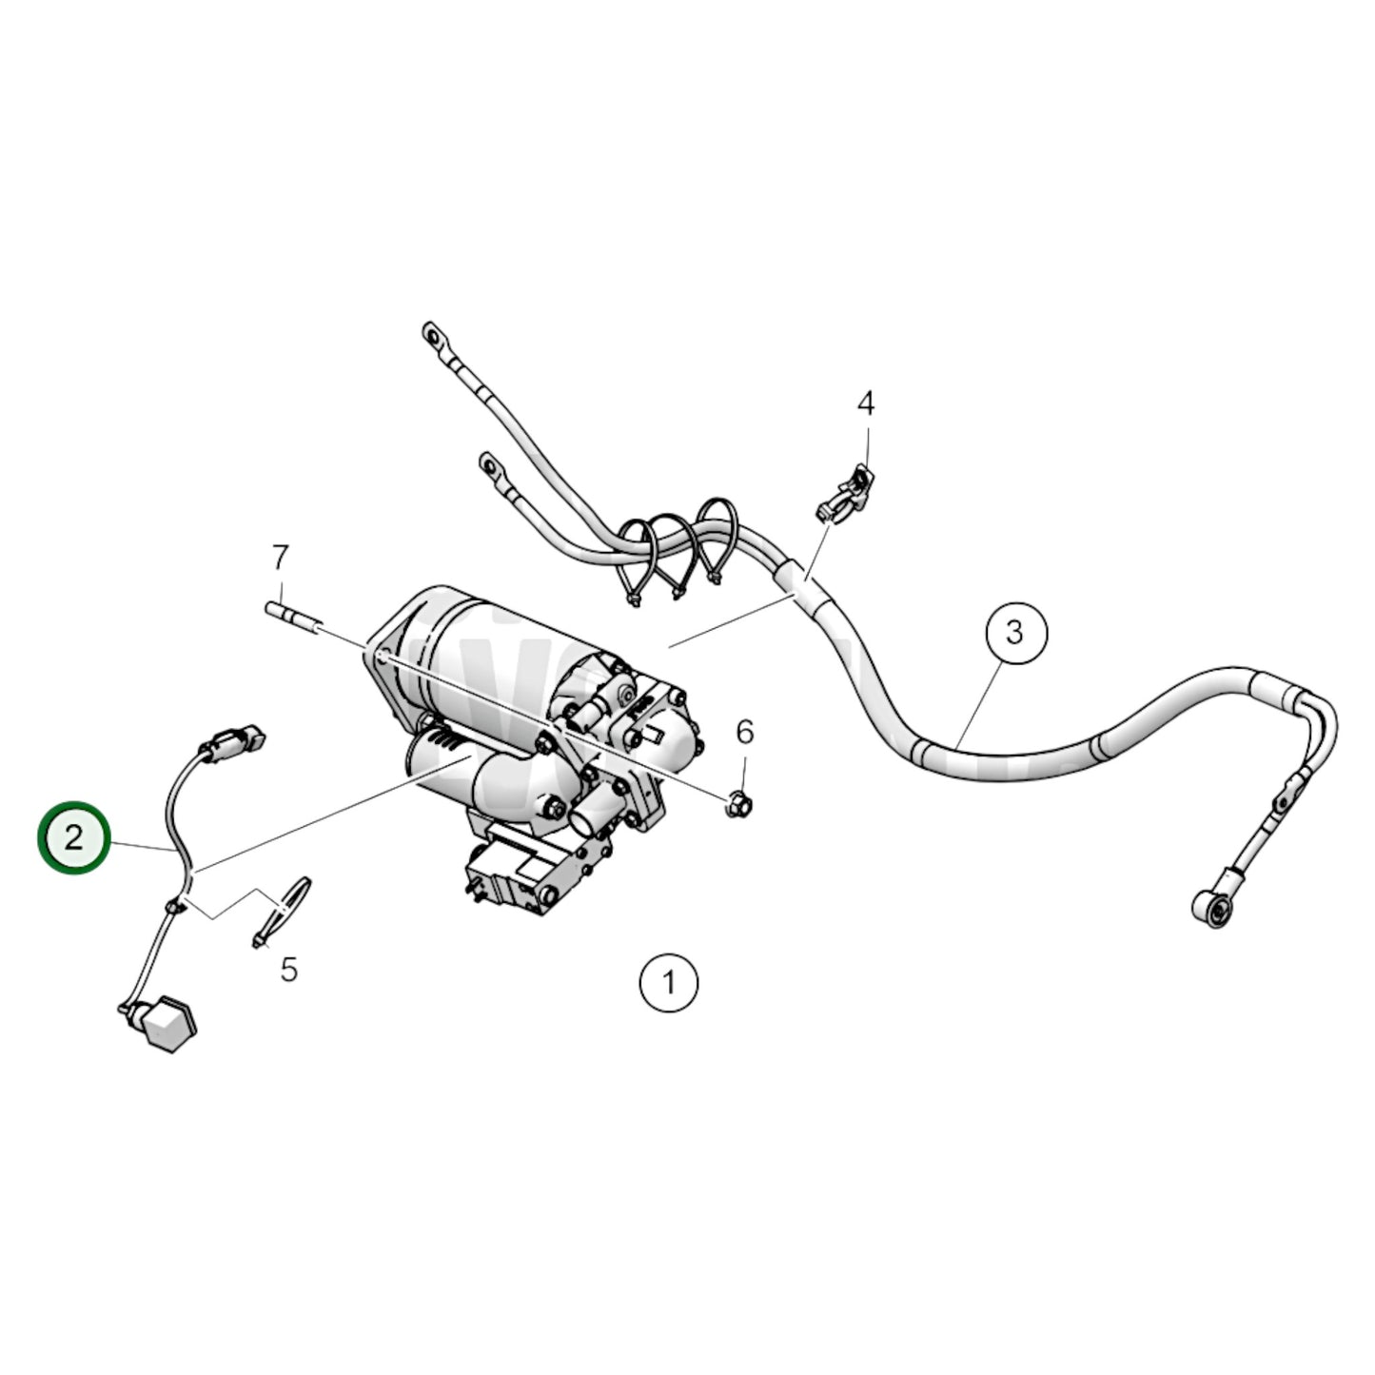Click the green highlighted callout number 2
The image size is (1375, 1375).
coord(74,838)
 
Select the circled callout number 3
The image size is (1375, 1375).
coord(1015,631)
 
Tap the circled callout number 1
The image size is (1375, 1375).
coord(669,981)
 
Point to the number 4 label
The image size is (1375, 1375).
coord(865,403)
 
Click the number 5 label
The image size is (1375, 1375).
coord(289,970)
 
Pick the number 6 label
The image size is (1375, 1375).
coord(744,732)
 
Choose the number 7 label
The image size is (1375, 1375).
coord(279,557)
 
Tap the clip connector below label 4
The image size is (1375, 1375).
coord(844,495)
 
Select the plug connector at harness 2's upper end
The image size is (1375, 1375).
coord(232,741)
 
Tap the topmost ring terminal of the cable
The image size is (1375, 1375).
coord(433,336)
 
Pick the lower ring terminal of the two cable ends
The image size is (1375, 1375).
coord(490,465)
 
